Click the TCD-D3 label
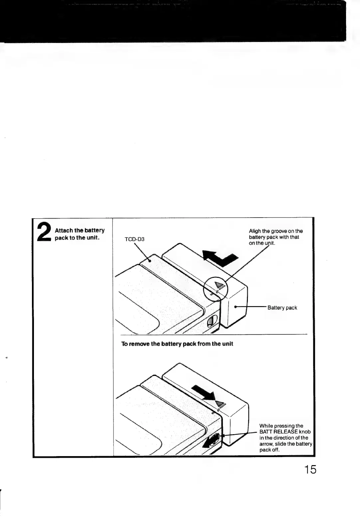tap(134, 239)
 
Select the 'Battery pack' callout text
tap(282, 308)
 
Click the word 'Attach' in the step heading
tap(63, 230)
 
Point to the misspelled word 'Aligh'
tap(255, 231)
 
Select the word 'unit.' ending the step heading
tap(93, 238)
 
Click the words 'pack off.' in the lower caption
tap(270, 450)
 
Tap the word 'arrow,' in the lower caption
tap(267, 444)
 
